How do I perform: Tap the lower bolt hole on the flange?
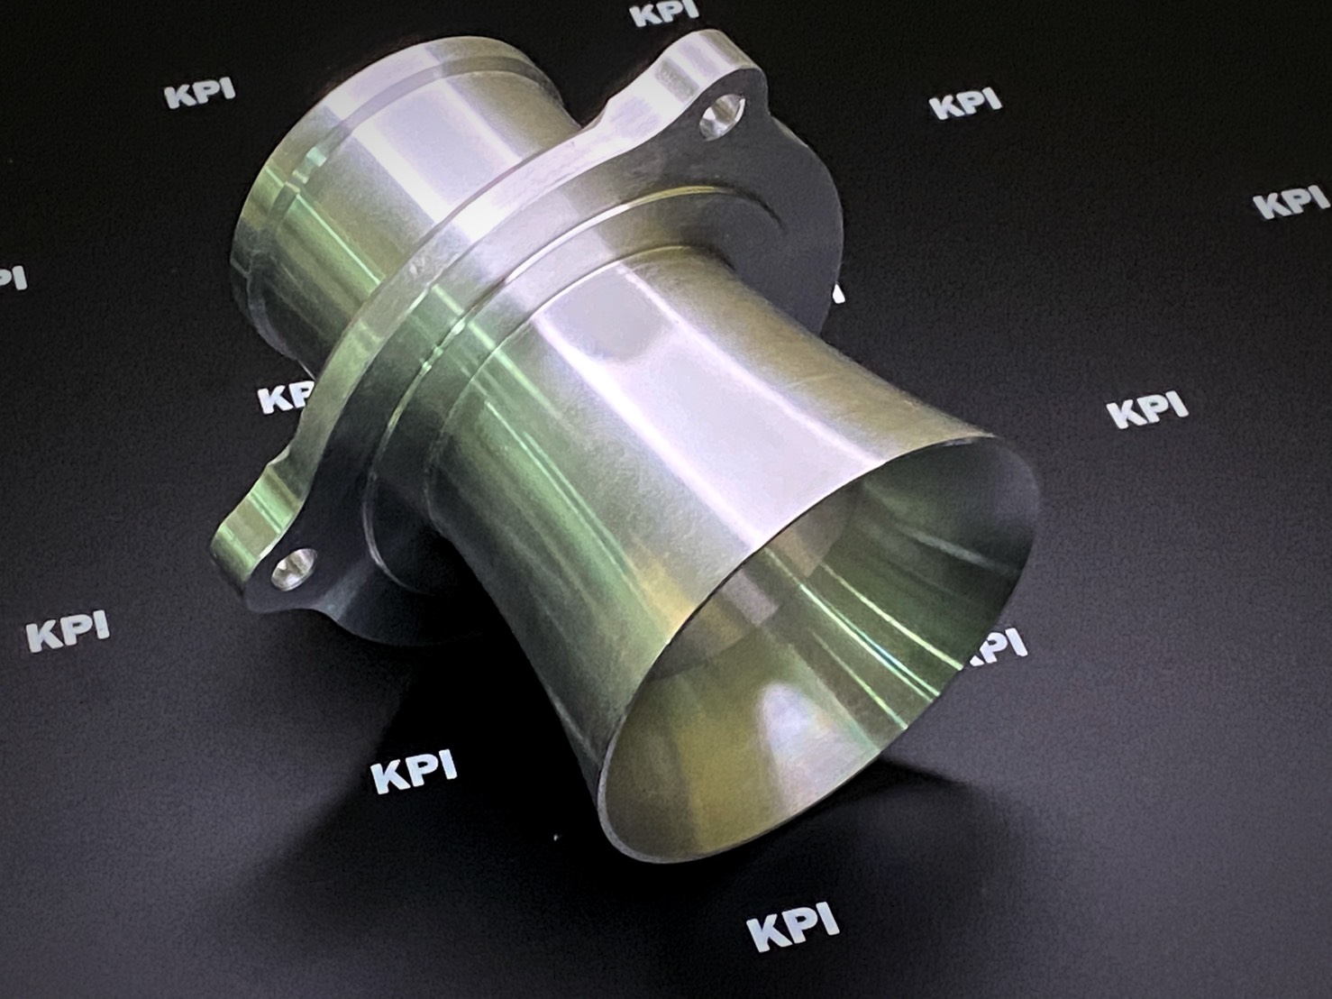(x=295, y=566)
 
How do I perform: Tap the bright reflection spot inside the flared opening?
(x=789, y=722)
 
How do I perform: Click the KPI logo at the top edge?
(x=664, y=14)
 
